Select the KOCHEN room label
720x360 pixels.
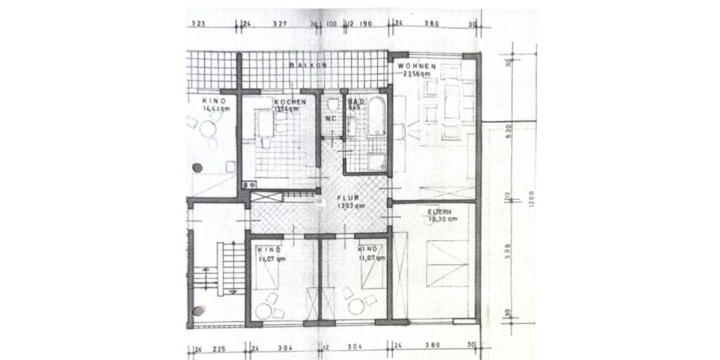(290, 101)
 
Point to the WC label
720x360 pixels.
(331, 118)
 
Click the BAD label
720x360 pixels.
(353, 101)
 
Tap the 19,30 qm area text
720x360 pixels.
(443, 220)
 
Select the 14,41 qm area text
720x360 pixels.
(216, 109)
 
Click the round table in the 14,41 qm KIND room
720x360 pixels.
(208, 129)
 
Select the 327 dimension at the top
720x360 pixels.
(280, 24)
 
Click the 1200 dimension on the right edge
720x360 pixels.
(530, 198)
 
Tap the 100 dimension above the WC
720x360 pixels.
(331, 24)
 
